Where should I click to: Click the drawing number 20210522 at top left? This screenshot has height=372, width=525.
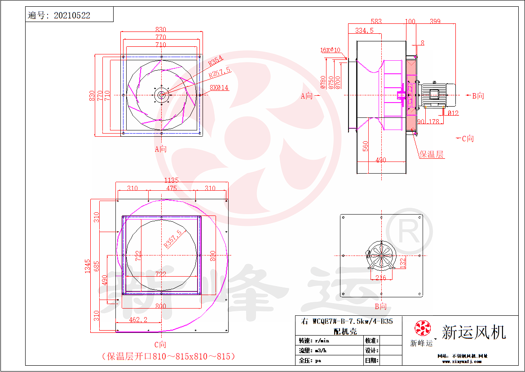point(72,16)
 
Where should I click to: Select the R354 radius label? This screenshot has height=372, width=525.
point(216,62)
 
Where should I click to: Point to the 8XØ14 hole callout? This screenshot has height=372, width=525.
point(219,88)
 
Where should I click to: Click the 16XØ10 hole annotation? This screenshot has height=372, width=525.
point(330,50)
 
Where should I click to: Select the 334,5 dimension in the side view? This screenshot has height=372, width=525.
point(364,31)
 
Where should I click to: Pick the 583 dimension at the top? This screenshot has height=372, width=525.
point(376,21)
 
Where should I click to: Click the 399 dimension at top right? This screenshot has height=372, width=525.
point(435,21)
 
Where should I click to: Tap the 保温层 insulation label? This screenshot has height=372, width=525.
point(431,155)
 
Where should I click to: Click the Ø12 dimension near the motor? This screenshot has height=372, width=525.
point(453,113)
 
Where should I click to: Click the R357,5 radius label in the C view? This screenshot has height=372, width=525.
point(173,238)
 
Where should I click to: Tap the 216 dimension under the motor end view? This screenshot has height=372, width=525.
point(380,278)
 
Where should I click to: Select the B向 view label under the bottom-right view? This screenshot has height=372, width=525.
point(380,307)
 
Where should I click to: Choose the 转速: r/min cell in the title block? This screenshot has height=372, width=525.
point(314,341)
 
